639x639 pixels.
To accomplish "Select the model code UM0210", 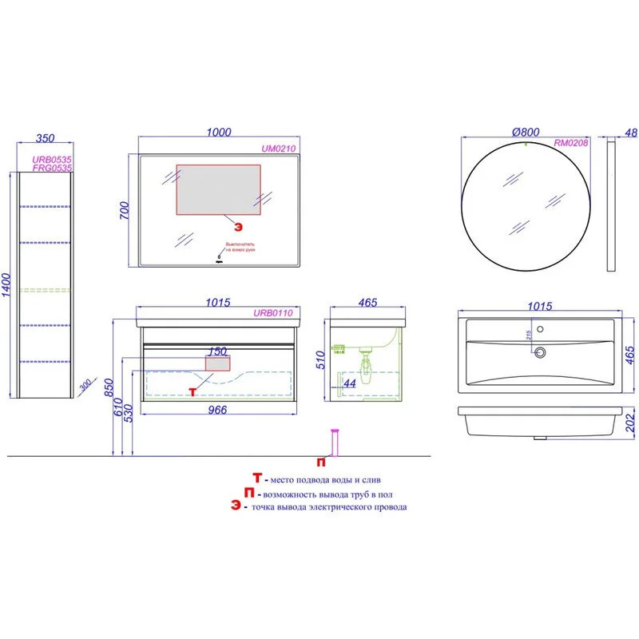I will click(279, 148).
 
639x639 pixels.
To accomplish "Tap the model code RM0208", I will click(571, 144).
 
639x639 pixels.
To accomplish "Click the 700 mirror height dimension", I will click(125, 211).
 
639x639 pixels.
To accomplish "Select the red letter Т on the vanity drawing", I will click(192, 391).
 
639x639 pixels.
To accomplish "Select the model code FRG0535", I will click(52, 169).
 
